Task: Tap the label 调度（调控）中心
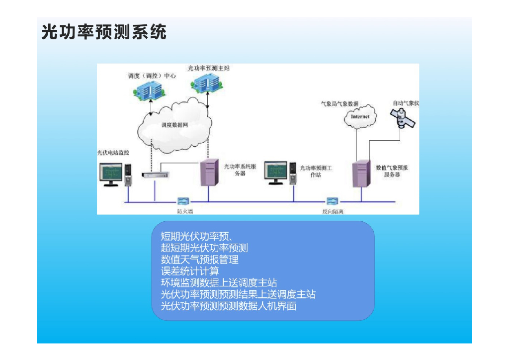click(152, 76)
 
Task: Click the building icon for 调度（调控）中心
click(149, 91)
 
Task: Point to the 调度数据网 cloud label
click(174, 125)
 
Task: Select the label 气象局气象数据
click(339, 104)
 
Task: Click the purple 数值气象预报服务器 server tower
click(361, 173)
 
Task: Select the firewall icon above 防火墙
click(183, 201)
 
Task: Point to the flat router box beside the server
click(155, 175)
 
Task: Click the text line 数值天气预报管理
click(200, 260)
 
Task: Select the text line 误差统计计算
click(190, 271)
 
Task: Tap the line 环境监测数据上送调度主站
click(219, 283)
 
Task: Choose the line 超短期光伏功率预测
click(204, 248)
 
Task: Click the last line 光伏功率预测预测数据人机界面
click(229, 306)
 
